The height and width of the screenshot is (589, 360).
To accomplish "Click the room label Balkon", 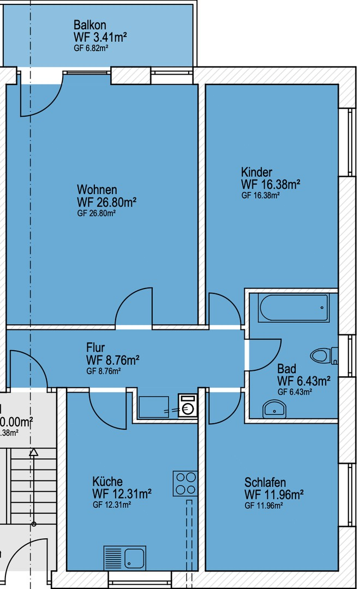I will click(90, 25).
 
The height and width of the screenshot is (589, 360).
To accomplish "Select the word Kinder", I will click(256, 172).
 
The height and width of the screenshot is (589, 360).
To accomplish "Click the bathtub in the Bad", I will click(295, 309).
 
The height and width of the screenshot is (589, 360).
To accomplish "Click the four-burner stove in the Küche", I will click(185, 483).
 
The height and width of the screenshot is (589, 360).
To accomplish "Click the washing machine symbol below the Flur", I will click(188, 406).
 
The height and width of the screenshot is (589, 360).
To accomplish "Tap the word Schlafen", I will click(265, 483).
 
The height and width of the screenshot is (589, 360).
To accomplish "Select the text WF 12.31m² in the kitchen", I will click(122, 494).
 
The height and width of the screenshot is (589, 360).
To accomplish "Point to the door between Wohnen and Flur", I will click(134, 308).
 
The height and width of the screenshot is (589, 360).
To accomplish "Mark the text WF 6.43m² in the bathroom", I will click(304, 380).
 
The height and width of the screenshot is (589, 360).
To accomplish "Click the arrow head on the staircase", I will click(34, 452).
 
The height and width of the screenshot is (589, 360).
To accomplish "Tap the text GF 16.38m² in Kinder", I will click(260, 195).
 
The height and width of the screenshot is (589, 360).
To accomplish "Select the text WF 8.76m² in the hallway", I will click(112, 359).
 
